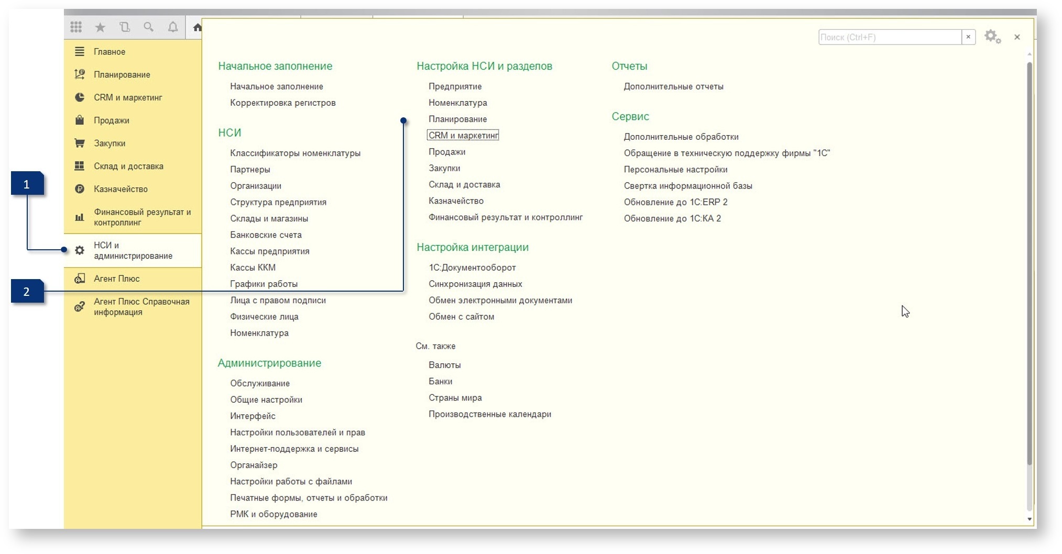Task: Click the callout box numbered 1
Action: pyautogui.click(x=27, y=184)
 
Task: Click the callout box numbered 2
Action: pyautogui.click(x=27, y=291)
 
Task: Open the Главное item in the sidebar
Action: pyautogui.click(x=110, y=52)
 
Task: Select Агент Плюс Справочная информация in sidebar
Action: pyautogui.click(x=141, y=307)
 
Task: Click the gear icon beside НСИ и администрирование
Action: pyautogui.click(x=80, y=250)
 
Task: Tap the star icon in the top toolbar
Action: pyautogui.click(x=100, y=27)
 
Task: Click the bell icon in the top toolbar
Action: pyautogui.click(x=173, y=27)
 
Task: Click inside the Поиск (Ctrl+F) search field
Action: pyautogui.click(x=890, y=37)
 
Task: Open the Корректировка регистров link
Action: pyautogui.click(x=283, y=103)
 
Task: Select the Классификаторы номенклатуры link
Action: pyautogui.click(x=295, y=153)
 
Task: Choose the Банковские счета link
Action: pyautogui.click(x=266, y=235)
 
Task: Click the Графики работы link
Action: pyautogui.click(x=264, y=284)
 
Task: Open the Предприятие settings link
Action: pyautogui.click(x=455, y=86)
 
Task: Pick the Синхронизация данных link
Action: pyautogui.click(x=475, y=284)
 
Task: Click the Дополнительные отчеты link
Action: pyautogui.click(x=673, y=86)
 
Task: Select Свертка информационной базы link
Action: pyautogui.click(x=688, y=186)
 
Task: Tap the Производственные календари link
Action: pyautogui.click(x=490, y=414)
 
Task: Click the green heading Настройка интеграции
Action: pyautogui.click(x=473, y=247)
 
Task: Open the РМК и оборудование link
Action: pyautogui.click(x=273, y=514)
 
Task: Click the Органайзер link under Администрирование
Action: pyautogui.click(x=254, y=465)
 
